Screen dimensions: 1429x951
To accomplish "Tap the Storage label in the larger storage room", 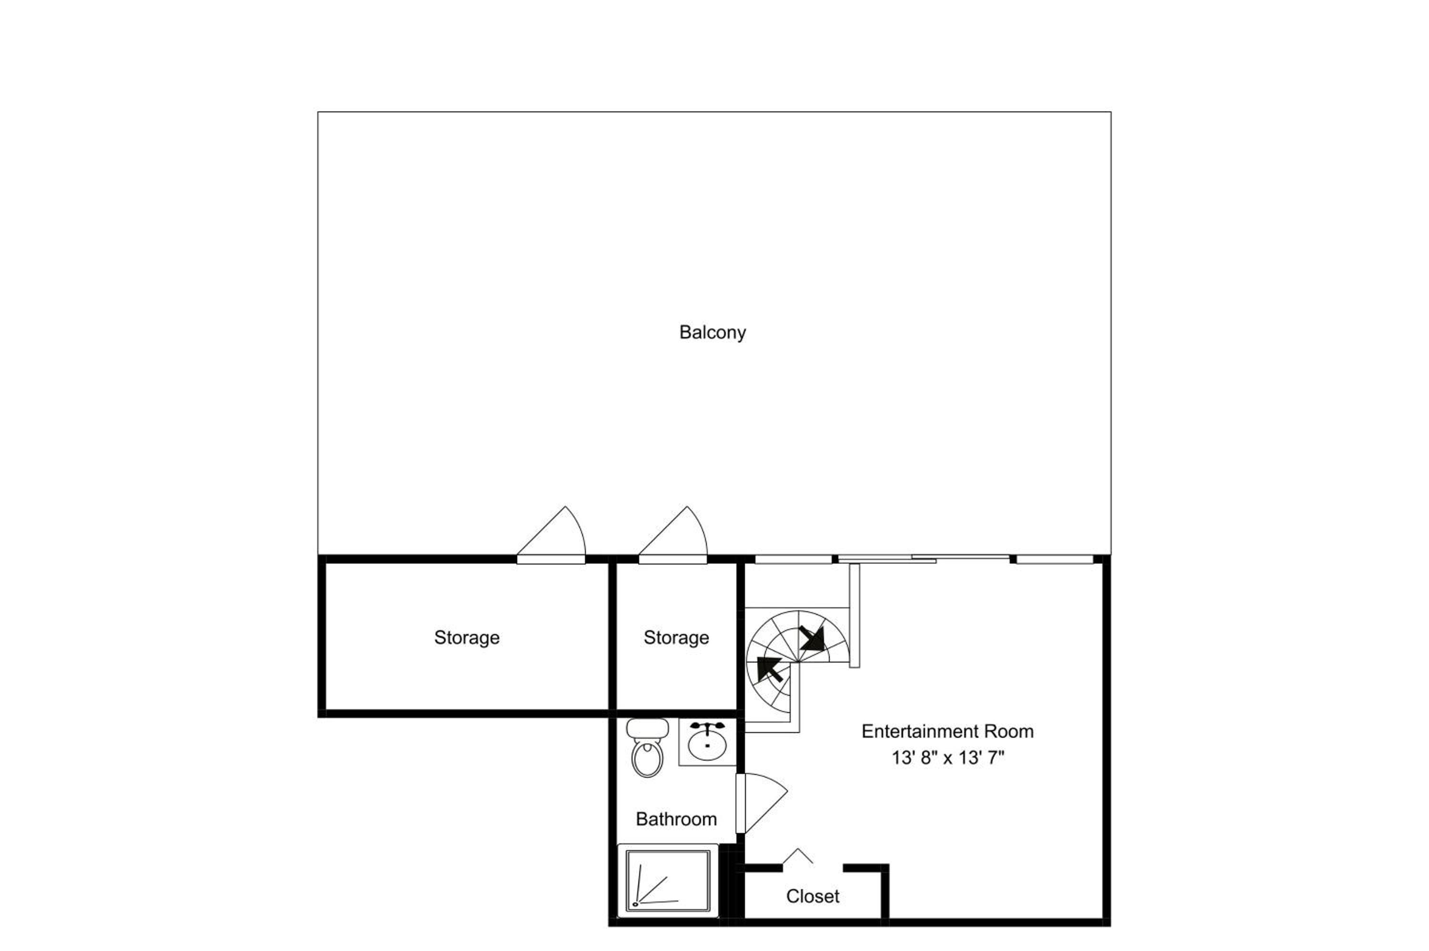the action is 467,637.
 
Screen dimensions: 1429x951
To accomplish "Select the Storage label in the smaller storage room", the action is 676,637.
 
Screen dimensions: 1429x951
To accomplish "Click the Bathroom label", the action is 676,819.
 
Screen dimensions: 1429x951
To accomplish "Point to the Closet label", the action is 813,896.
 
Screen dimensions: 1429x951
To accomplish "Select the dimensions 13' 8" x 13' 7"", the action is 948,758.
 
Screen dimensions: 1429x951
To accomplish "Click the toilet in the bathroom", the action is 647,748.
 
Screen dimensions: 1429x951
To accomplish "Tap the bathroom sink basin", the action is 707,745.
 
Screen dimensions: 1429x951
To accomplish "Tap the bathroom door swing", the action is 762,803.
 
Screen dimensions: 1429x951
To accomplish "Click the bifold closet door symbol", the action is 798,856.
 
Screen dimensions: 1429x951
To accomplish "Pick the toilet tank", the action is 647,728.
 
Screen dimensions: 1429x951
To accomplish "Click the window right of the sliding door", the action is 1055,559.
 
